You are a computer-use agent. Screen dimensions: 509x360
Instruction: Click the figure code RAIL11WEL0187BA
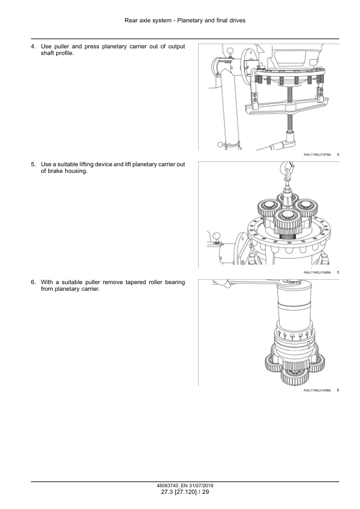317,155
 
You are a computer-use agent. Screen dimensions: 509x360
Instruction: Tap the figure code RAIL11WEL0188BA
317,273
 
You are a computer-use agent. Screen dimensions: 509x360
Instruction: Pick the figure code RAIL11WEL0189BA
317,391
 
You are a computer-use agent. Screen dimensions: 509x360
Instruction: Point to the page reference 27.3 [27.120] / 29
180,493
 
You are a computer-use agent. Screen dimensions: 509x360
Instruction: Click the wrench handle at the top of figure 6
242,284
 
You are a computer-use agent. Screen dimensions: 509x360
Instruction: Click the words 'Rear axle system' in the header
145,21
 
